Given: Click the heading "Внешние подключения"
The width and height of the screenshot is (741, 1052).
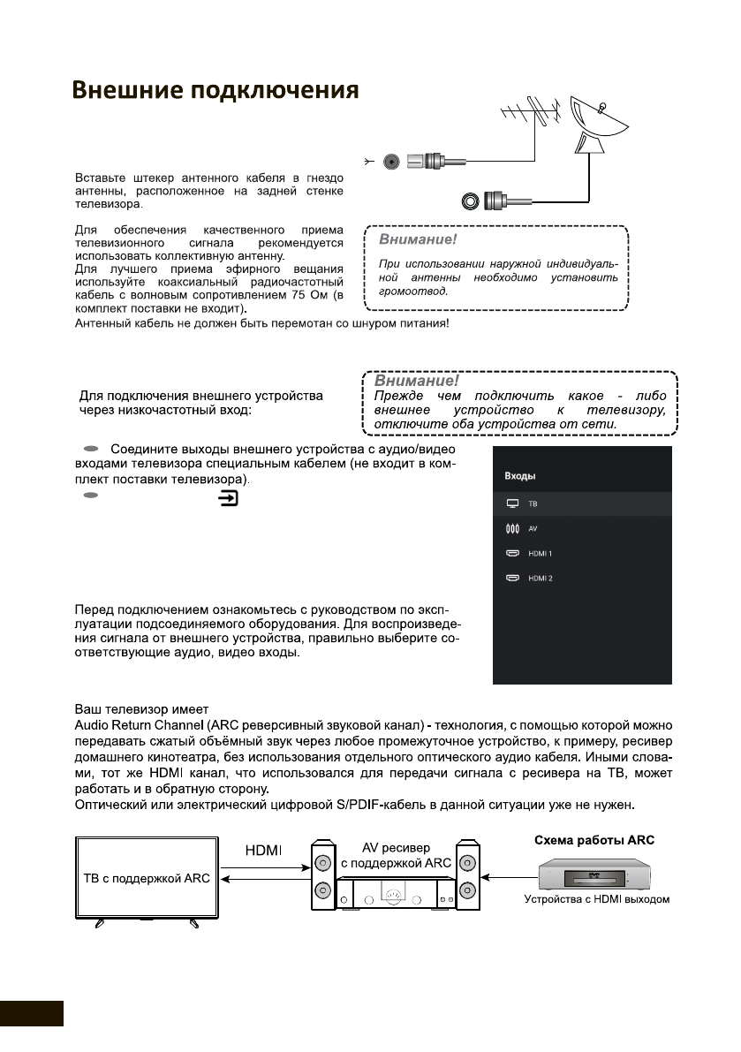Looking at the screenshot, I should pyautogui.click(x=215, y=92).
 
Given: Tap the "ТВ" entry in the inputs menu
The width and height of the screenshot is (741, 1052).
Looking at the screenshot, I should pyautogui.click(x=533, y=503).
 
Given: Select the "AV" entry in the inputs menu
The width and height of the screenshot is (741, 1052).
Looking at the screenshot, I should pyautogui.click(x=533, y=528).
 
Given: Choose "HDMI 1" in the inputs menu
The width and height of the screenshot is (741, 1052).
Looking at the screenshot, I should pyautogui.click(x=540, y=553).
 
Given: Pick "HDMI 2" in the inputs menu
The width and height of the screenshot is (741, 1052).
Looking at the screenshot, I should pyautogui.click(x=540, y=578).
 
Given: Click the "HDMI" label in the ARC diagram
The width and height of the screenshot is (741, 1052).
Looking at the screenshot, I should pyautogui.click(x=261, y=850).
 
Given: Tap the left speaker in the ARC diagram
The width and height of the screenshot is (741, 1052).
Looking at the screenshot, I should pyautogui.click(x=324, y=877).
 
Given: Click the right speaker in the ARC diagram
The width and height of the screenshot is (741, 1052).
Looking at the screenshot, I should pyautogui.click(x=466, y=877).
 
